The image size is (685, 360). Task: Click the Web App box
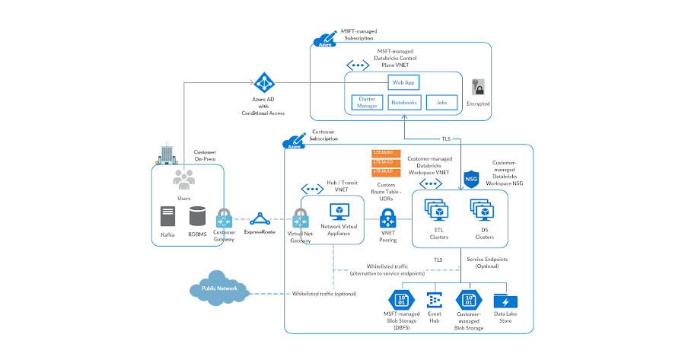click(x=403, y=81)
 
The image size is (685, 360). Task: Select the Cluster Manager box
click(x=368, y=101)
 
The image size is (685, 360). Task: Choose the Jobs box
click(x=441, y=101)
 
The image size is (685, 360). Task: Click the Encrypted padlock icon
click(x=478, y=87)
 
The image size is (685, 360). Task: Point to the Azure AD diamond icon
click(x=263, y=83)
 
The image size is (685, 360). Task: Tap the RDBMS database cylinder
click(x=198, y=218)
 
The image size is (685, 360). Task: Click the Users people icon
click(x=183, y=180)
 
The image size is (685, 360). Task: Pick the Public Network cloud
click(x=220, y=289)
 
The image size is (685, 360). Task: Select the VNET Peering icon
click(x=389, y=221)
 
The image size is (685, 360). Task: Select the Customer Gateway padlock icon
click(x=224, y=218)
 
